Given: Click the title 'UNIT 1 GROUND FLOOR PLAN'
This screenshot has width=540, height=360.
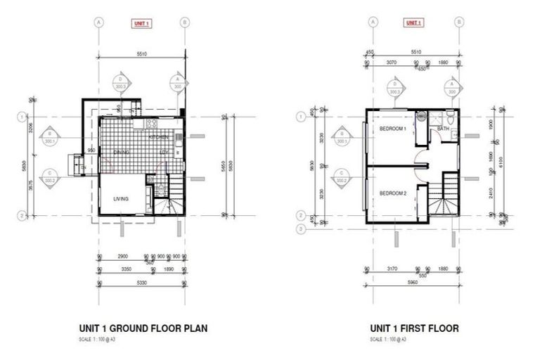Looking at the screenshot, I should [143, 328].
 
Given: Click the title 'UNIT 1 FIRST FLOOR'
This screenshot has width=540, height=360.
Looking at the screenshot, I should [414, 328].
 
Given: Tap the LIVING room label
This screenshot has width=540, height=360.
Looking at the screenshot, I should [122, 199].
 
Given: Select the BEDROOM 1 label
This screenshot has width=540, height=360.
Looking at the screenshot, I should [393, 129].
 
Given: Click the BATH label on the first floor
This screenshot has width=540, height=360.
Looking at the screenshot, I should [443, 129].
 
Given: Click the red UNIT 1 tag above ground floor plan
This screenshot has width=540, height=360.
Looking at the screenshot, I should [141, 23].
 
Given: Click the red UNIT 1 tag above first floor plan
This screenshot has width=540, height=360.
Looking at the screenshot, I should [413, 23].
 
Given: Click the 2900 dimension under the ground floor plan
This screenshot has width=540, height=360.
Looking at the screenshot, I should [122, 257].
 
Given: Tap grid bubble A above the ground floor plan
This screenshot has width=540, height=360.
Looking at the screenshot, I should [99, 22].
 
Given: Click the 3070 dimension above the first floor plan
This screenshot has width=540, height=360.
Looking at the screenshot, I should [390, 63].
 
